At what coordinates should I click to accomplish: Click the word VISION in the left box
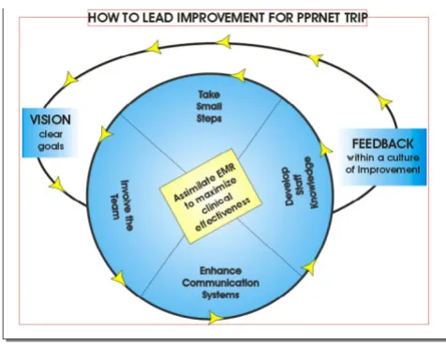coord(51,120)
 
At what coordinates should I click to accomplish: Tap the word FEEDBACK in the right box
coord(383,144)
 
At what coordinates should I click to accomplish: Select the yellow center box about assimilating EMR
coord(211,196)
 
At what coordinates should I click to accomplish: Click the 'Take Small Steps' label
coord(209,106)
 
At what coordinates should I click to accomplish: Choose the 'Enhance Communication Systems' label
coord(220,282)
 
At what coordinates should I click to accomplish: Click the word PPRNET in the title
coord(319,18)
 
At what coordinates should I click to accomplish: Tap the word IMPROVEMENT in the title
coord(221,18)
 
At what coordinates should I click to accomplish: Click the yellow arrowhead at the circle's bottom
coord(216,318)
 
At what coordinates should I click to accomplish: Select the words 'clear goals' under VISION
coord(51,141)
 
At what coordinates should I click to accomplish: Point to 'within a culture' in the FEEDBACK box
coord(383,157)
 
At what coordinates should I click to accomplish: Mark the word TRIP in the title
coord(355,18)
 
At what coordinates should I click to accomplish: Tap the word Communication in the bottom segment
coord(220,283)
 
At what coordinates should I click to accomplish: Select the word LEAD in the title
coord(157,18)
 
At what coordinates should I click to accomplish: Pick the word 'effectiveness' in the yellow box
coord(222,215)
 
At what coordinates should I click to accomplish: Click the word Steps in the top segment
coord(209,119)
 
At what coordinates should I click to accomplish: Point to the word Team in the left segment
coord(114,207)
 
